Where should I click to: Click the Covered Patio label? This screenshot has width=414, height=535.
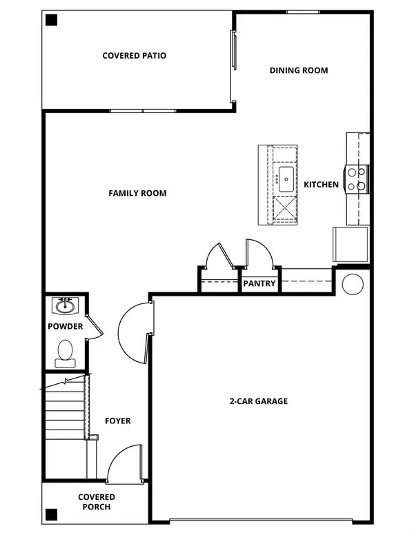pos(135,56)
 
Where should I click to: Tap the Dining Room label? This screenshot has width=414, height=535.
pos(299,70)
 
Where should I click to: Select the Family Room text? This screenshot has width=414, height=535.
pos(137,193)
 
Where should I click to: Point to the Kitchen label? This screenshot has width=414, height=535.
pos(322,184)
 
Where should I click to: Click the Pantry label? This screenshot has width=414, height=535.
pos(259,283)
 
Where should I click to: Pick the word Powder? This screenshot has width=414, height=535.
pos(66,326)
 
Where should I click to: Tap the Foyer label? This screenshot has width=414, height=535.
pos(117,421)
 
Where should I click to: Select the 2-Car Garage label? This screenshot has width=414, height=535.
pos(259,401)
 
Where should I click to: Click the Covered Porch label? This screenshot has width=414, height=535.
pos(97,502)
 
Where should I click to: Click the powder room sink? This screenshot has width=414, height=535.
pos(66,305)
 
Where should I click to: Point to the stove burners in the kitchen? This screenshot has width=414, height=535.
pos(357,179)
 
